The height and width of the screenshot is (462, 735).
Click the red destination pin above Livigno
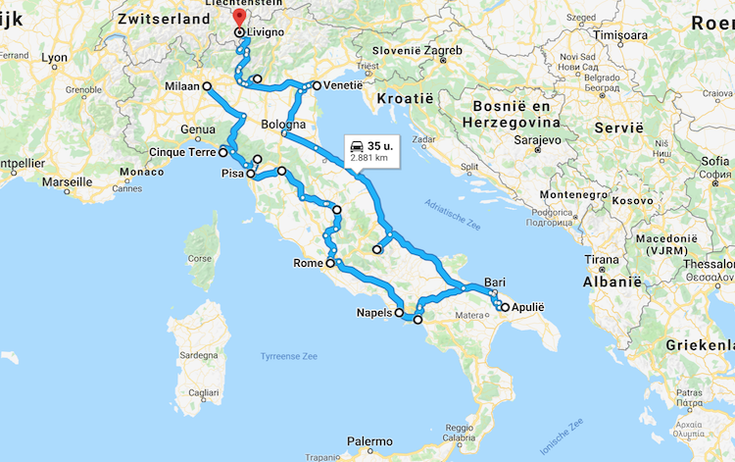[238, 17]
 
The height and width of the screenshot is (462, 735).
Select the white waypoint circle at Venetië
[316, 85]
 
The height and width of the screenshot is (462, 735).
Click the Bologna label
[284, 125]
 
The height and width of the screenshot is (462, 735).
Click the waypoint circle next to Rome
[330, 264]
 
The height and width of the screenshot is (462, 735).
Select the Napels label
[374, 314]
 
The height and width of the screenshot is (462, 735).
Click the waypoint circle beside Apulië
[504, 307]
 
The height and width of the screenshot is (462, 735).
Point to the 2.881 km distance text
[369, 157]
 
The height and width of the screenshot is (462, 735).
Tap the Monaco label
[141, 172]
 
